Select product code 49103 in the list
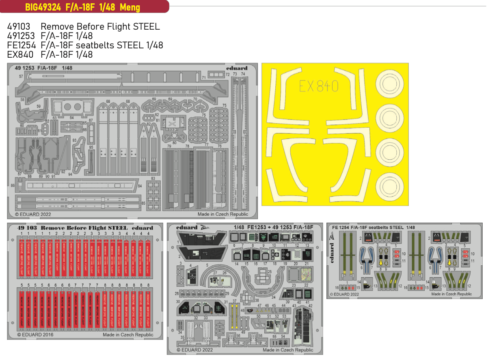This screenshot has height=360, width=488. (19, 26)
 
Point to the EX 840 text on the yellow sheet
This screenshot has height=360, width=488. (319, 86)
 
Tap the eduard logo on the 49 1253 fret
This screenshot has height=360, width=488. (238, 68)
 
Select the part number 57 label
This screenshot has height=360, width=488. (22, 76)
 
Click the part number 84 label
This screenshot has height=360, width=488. (140, 187)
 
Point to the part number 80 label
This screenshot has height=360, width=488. (174, 142)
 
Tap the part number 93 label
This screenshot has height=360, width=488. (75, 140)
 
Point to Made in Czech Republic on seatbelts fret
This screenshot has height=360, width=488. (451, 294)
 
